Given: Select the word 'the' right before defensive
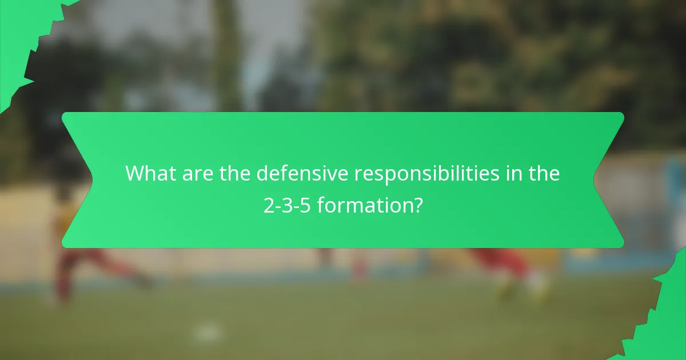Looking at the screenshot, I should point(235,174).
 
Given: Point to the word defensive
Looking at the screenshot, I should point(303,174).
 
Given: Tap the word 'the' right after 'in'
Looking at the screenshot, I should point(543,174).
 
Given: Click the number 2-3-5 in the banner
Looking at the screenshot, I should point(287,205).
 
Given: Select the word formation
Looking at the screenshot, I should point(364,205).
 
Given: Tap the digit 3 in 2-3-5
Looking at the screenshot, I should point(287,205).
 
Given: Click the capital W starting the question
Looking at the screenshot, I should point(135,174).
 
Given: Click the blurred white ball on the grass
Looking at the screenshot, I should point(207,331).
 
